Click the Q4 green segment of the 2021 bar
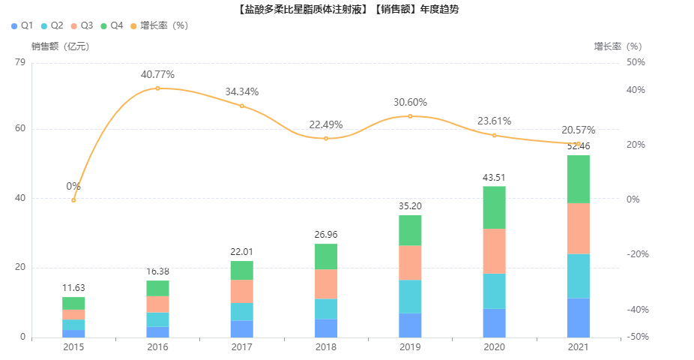coord(578,179)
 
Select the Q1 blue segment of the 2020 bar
coord(494,322)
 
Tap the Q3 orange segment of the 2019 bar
coord(410,262)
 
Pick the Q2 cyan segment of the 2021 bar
coord(578,276)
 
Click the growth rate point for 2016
coord(157,88)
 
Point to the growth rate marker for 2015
coord(73,200)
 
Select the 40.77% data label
coord(157,74)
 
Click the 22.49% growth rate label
coord(326,124)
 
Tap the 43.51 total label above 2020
coord(494,177)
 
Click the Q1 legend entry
coord(22,25)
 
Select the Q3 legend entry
coord(82,25)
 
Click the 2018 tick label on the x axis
coord(326,347)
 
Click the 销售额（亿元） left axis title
coord(60,46)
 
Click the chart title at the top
coord(347,10)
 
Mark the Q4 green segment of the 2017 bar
coord(242,270)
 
